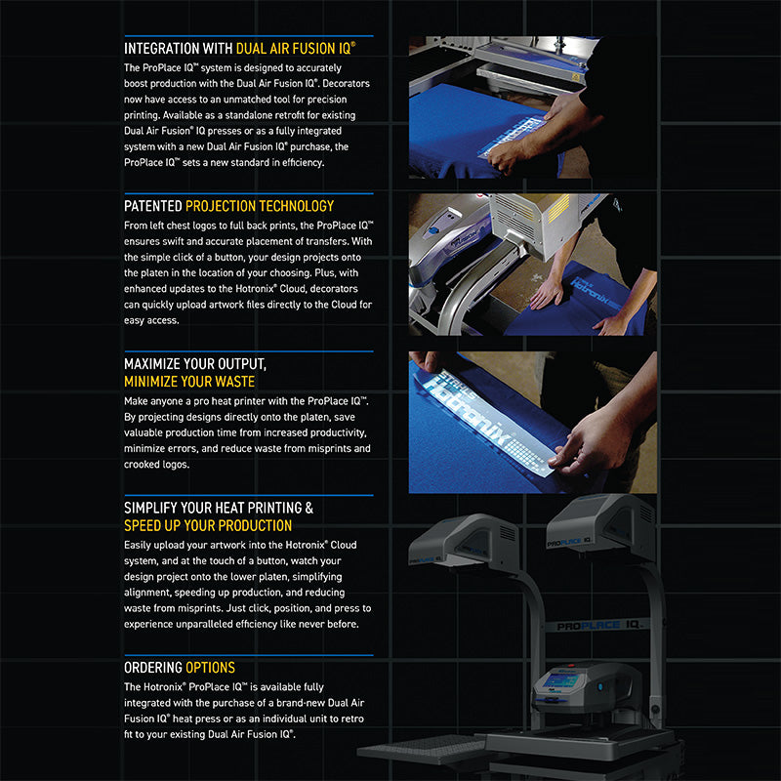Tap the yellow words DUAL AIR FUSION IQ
pyautogui.click(x=296, y=48)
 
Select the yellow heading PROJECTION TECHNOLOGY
pyautogui.click(x=260, y=206)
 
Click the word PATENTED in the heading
pyautogui.click(x=153, y=206)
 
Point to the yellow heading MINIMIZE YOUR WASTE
pyautogui.click(x=189, y=382)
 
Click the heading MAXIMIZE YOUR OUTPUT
pyautogui.click(x=195, y=364)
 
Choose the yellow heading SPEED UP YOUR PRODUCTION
pyautogui.click(x=208, y=525)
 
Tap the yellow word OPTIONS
pyautogui.click(x=210, y=668)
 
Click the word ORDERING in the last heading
pyautogui.click(x=153, y=668)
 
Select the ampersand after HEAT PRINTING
pyautogui.click(x=309, y=508)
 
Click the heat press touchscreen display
pyautogui.click(x=560, y=679)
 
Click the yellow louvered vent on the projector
pyautogui.click(x=558, y=208)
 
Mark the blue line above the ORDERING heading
pyautogui.click(x=249, y=655)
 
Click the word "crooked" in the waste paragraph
pyautogui.click(x=139, y=465)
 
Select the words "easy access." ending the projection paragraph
pyautogui.click(x=151, y=320)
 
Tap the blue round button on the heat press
pyautogui.click(x=600, y=687)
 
